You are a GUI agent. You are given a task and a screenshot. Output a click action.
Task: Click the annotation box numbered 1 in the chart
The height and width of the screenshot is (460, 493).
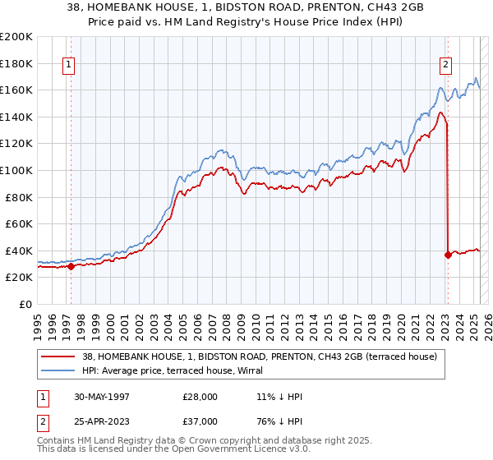pyautogui.click(x=68, y=67)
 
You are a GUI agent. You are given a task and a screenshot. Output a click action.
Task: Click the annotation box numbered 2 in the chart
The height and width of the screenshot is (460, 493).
pyautogui.click(x=445, y=67)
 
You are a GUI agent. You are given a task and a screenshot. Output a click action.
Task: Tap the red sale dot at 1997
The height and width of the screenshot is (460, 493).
pyautogui.click(x=71, y=266)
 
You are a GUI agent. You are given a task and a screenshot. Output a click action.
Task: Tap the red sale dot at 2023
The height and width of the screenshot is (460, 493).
pyautogui.click(x=448, y=255)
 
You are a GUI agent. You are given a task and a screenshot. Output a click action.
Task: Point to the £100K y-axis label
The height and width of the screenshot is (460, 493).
pyautogui.click(x=16, y=170)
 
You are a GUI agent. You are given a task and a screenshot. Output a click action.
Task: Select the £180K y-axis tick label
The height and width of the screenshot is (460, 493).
pyautogui.click(x=16, y=62)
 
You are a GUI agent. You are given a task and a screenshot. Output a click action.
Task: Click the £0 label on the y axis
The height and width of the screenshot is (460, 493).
pyautogui.click(x=26, y=304)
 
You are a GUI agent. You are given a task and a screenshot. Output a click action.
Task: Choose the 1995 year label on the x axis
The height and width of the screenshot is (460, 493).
pyautogui.click(x=39, y=321)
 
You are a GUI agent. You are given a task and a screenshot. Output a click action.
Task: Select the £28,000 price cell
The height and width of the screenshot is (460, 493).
pyautogui.click(x=200, y=396)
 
